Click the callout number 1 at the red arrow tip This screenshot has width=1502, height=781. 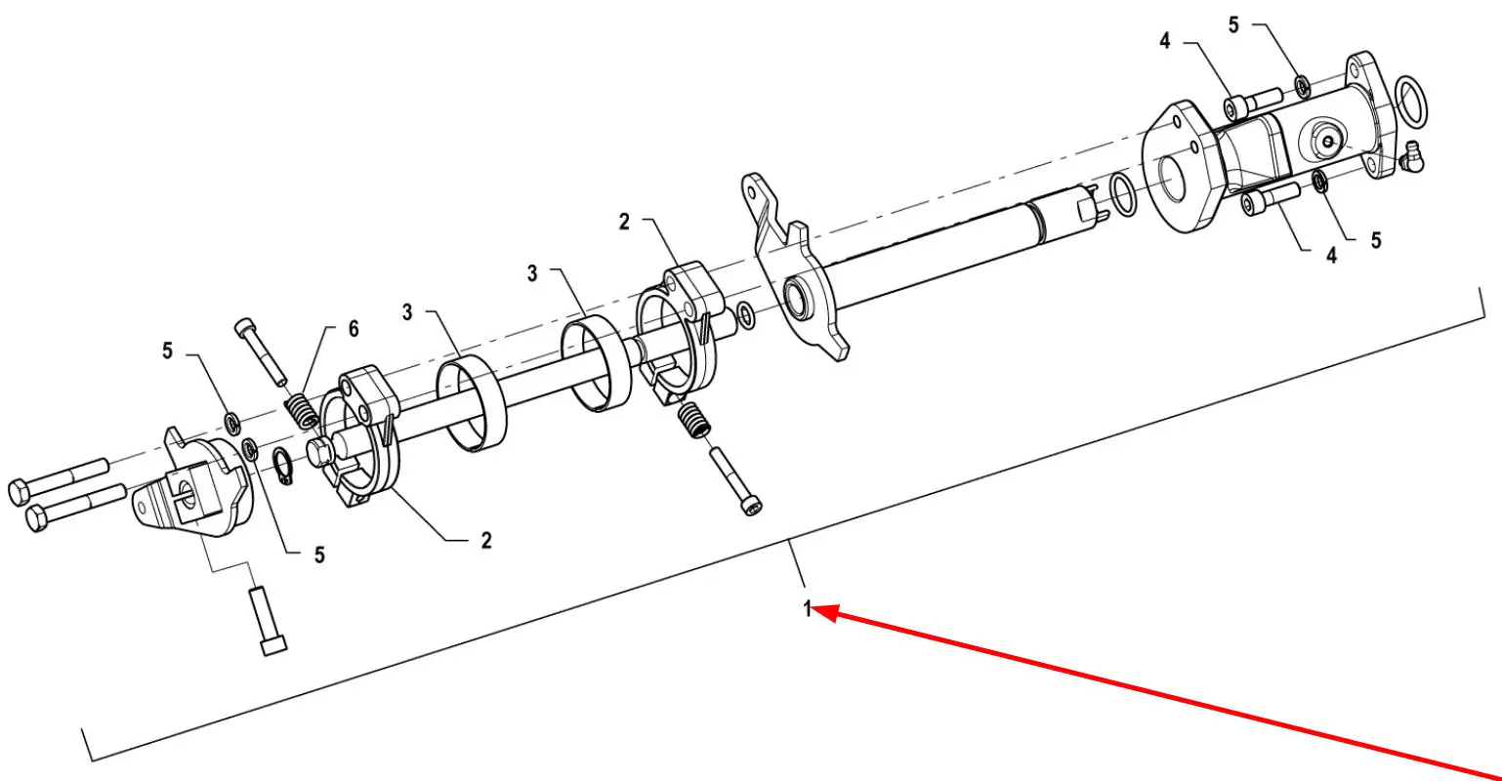pyautogui.click(x=808, y=609)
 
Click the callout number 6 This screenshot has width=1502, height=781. pyautogui.click(x=354, y=328)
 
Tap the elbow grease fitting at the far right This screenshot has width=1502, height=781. pyautogui.click(x=1411, y=156)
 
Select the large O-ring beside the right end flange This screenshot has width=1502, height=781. pyautogui.click(x=1411, y=102)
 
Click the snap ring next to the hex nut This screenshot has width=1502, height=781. pyautogui.click(x=283, y=467)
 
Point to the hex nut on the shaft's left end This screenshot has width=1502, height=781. pyautogui.click(x=320, y=453)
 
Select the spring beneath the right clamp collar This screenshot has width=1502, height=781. pyautogui.click(x=694, y=420)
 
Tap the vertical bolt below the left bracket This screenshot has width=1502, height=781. pyautogui.click(x=268, y=620)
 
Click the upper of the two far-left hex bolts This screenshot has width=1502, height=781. pyautogui.click(x=58, y=481)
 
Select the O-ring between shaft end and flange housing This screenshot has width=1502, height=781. pyautogui.click(x=1123, y=194)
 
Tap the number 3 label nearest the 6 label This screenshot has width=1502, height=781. pyautogui.click(x=407, y=312)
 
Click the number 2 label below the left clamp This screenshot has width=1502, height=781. pyautogui.click(x=486, y=540)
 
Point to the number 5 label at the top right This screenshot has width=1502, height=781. pyautogui.click(x=1233, y=24)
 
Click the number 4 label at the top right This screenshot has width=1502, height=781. pyautogui.click(x=1165, y=41)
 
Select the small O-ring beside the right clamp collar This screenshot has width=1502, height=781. pyautogui.click(x=746, y=315)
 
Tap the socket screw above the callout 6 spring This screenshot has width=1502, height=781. pyautogui.click(x=260, y=352)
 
